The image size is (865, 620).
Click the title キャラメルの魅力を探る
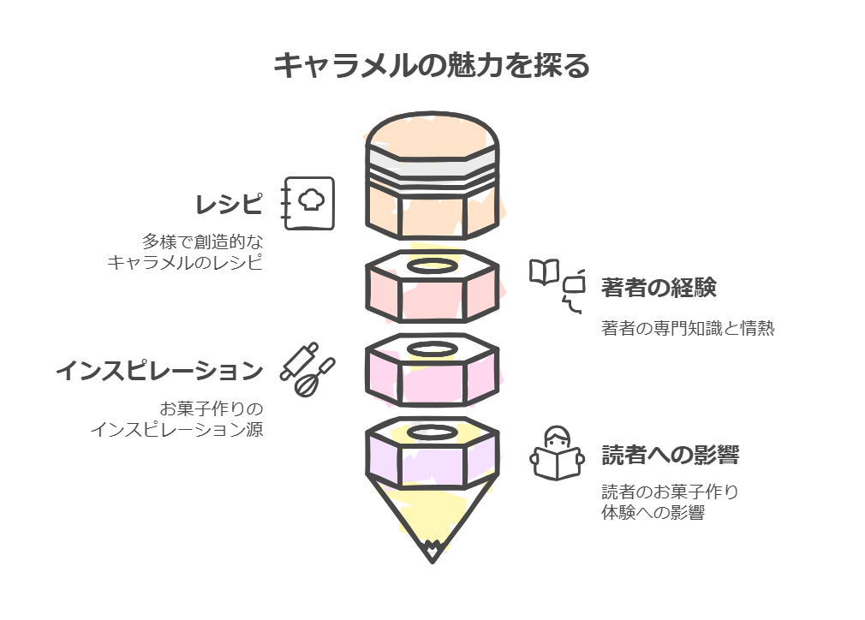tap(432, 65)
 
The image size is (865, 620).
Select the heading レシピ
tap(229, 206)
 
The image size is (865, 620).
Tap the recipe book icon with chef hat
tap(308, 203)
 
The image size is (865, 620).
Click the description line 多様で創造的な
tap(202, 241)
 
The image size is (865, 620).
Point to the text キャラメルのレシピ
tap(184, 262)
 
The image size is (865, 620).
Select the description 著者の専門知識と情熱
tap(687, 328)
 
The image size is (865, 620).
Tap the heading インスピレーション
tap(159, 371)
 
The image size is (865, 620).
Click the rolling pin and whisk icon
tap(307, 369)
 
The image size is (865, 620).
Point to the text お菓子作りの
tap(212, 408)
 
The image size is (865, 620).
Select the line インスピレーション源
tap(177, 429)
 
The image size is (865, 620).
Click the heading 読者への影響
tap(670, 455)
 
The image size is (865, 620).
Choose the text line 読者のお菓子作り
tap(670, 492)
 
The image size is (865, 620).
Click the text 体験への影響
tap(653, 514)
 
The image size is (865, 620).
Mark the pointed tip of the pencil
tap(432, 557)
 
